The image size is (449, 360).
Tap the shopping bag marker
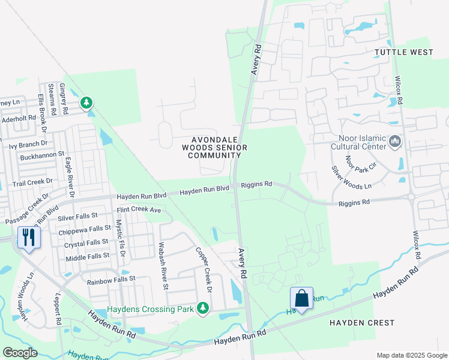[x=301, y=298]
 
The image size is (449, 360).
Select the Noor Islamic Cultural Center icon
[x=395, y=142]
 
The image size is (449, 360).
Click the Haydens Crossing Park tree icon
[x=203, y=308]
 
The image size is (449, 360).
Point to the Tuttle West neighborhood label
[x=403, y=52]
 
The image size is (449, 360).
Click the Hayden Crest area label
[x=354, y=322]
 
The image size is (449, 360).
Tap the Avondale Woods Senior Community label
[x=207, y=147]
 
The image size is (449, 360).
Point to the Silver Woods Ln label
[x=352, y=178]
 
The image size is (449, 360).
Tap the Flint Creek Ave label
[x=139, y=210]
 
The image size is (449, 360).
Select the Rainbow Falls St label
[x=112, y=279]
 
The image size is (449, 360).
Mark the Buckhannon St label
[x=42, y=155]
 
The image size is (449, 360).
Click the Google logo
[x=20, y=353]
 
